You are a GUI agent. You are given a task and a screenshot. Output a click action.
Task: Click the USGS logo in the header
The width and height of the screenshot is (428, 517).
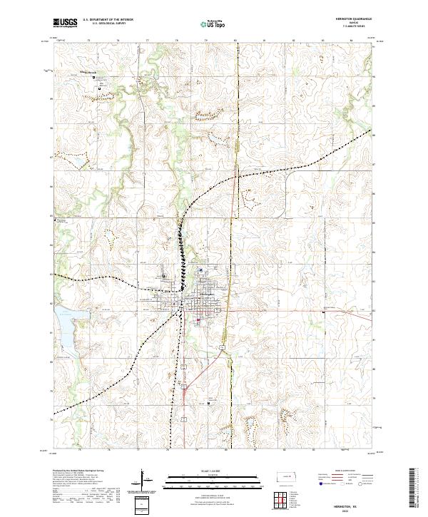(65, 23)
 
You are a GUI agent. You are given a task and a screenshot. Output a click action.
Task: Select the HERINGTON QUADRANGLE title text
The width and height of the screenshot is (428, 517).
(357, 19)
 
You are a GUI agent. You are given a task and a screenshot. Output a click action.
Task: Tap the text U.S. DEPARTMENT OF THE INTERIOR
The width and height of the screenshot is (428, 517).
(108, 19)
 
